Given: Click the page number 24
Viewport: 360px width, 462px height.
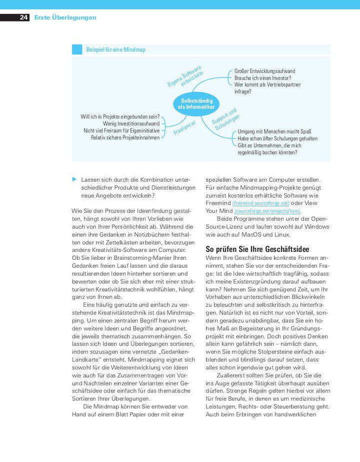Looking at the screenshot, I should pos(23,18).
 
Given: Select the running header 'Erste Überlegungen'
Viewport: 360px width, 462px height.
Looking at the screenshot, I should pos(65,18).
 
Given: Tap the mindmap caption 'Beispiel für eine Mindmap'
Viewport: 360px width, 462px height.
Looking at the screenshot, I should pos(115,50).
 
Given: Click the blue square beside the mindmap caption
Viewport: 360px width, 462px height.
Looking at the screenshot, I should pos(77,50).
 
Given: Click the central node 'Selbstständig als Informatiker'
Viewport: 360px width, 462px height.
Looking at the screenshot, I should pos(196,104).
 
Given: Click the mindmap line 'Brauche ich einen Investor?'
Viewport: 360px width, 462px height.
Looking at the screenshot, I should pos(262,78).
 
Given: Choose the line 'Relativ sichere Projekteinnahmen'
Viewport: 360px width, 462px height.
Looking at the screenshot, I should pos(125,137).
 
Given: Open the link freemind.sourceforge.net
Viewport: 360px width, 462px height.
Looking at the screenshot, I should pos(261,203).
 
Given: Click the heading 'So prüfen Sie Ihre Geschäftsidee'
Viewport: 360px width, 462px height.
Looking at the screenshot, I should pos(257,249).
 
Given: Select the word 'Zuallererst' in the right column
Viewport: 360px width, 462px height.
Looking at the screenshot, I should pos(232,375).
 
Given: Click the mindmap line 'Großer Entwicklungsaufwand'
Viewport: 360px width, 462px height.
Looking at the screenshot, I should pos(264,71).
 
